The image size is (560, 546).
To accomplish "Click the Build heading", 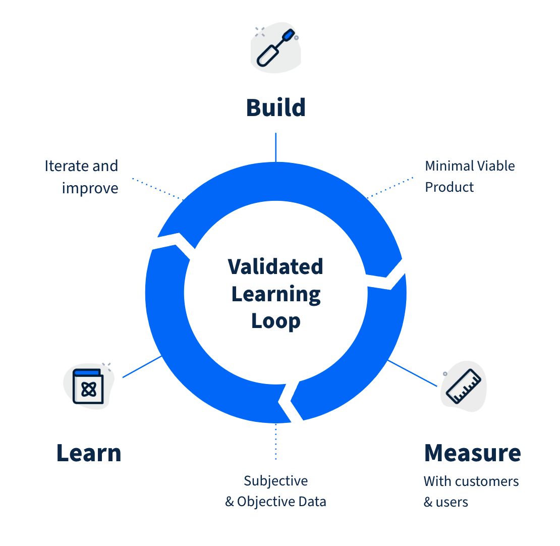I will pyautogui.click(x=275, y=107).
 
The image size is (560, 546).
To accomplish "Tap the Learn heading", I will pyautogui.click(x=89, y=453).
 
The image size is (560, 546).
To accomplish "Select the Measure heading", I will pyautogui.click(x=472, y=453).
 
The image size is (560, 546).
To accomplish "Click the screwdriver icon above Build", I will pyautogui.click(x=275, y=47).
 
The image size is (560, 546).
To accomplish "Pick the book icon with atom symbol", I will pyautogui.click(x=88, y=387).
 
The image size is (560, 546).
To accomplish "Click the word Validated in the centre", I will pyautogui.click(x=275, y=266).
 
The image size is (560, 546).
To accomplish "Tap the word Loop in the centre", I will pyautogui.click(x=275, y=321).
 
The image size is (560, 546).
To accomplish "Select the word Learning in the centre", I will pyautogui.click(x=275, y=294).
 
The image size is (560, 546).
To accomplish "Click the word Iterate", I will pyautogui.click(x=63, y=166).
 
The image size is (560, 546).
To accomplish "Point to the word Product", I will pyautogui.click(x=450, y=187).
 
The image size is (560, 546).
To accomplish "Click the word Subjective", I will pyautogui.click(x=275, y=480).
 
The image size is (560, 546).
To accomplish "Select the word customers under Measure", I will pyautogui.click(x=487, y=481).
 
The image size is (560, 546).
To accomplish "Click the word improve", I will pyautogui.click(x=90, y=188).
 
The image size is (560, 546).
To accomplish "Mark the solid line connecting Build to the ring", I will pyautogui.click(x=275, y=147).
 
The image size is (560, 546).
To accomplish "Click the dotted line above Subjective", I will pyautogui.click(x=275, y=442).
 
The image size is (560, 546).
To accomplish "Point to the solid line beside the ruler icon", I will pyautogui.click(x=412, y=373).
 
